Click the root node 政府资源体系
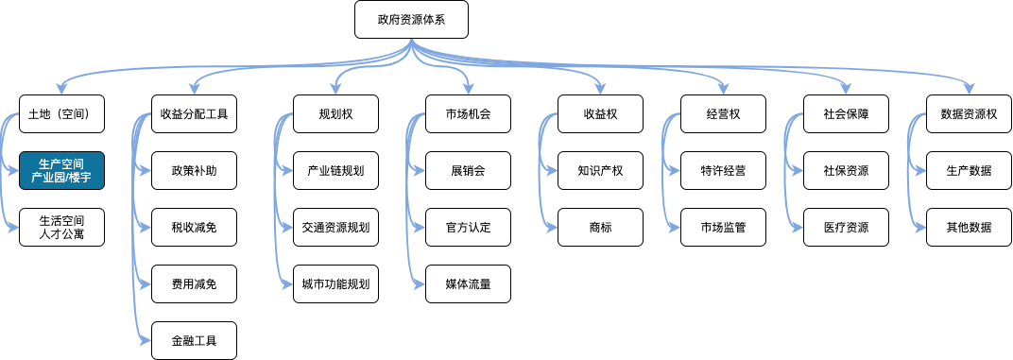click(x=411, y=20)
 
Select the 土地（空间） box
click(x=60, y=114)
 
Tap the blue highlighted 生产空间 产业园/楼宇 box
click(x=60, y=171)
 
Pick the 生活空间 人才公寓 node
click(x=60, y=228)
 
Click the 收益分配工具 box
click(x=194, y=114)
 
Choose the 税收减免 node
click(x=194, y=228)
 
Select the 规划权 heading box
click(x=335, y=114)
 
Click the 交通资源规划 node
click(x=335, y=228)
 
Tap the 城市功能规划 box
click(x=335, y=284)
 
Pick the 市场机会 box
click(x=468, y=114)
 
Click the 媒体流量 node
click(x=468, y=284)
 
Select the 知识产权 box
click(x=600, y=171)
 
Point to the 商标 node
click(x=600, y=228)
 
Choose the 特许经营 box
click(x=723, y=171)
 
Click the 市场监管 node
click(x=723, y=228)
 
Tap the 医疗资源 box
click(x=846, y=228)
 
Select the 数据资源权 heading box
click(x=969, y=114)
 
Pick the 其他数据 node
click(x=969, y=228)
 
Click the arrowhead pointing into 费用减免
click(x=147, y=284)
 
